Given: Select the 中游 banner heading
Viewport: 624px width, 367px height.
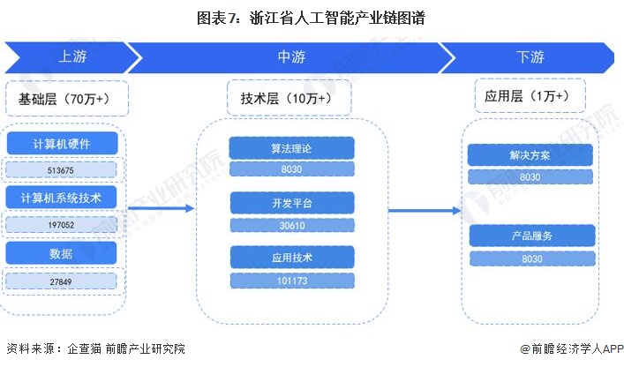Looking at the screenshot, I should click(x=291, y=57).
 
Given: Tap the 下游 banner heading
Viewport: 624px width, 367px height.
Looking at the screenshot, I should click(x=530, y=57).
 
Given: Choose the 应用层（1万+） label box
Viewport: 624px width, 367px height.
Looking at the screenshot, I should click(x=526, y=96).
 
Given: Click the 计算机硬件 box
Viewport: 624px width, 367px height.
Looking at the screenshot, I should click(x=62, y=144).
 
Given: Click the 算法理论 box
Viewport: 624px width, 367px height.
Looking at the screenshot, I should click(x=291, y=147).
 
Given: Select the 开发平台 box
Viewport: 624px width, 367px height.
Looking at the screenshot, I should click(x=291, y=203).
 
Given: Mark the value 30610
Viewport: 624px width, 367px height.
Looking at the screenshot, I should click(x=291, y=225).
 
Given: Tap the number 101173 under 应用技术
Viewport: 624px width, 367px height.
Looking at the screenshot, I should click(x=291, y=281).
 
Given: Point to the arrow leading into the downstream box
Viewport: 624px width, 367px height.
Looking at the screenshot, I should click(x=425, y=210).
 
